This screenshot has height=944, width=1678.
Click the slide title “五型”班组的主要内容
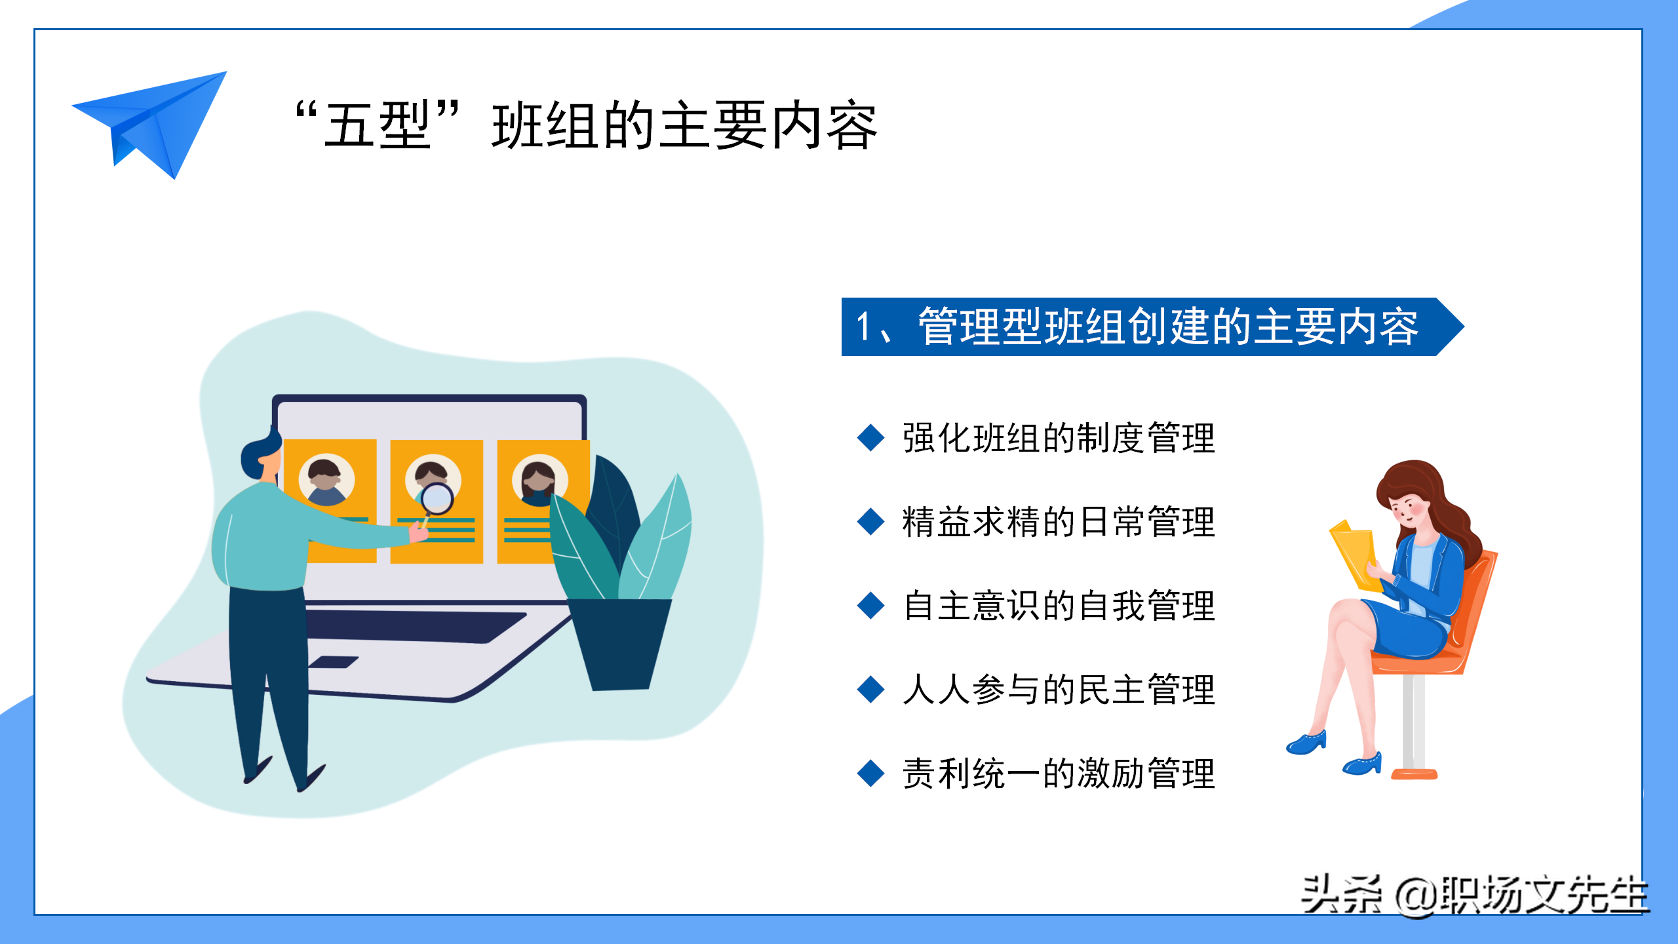[x=586, y=125]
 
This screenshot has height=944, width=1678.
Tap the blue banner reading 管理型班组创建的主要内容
[x=1152, y=326]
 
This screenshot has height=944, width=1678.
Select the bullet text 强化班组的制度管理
[x=1059, y=438]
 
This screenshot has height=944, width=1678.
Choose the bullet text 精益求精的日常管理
[x=1059, y=522]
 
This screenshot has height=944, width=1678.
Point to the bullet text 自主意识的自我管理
[x=1059, y=606]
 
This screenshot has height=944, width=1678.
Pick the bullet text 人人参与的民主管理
[x=1059, y=690]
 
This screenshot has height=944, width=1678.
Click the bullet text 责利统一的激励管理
[x=1059, y=774]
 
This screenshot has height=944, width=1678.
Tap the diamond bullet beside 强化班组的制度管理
[x=871, y=437]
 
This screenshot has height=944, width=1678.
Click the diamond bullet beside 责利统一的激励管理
[x=871, y=773]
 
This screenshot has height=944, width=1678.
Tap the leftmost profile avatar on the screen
[x=326, y=481]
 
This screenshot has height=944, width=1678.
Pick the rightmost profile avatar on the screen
[x=539, y=481]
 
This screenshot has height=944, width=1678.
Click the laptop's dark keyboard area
[x=416, y=627]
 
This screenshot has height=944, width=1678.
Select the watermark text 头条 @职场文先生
[x=1475, y=895]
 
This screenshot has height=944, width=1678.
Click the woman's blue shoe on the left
[x=1306, y=743]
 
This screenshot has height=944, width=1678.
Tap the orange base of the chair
[x=1414, y=774]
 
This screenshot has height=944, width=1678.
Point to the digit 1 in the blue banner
[x=865, y=326]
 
